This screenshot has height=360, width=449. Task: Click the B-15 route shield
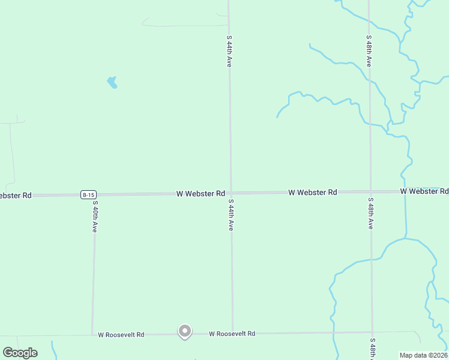point(88,194)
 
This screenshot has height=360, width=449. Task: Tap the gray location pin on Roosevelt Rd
point(185,331)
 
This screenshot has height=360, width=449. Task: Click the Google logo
point(20,352)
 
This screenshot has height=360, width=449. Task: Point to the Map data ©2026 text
point(423,355)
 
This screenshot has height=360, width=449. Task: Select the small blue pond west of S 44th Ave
point(112,83)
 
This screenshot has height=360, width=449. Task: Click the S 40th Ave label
point(94,216)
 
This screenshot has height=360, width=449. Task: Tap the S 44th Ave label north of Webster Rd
point(229,51)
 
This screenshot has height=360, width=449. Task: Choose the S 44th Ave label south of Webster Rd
point(231,216)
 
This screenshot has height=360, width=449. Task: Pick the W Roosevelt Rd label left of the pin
point(121,334)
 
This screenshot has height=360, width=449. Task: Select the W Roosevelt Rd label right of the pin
point(232,334)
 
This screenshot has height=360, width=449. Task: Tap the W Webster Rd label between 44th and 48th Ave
point(312,193)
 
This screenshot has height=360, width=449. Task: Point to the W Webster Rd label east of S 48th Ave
point(424,191)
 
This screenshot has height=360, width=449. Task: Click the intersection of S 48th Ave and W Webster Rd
point(370,192)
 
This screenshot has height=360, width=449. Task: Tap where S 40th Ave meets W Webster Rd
point(94,194)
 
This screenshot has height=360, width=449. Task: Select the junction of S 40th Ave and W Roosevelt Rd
point(92,334)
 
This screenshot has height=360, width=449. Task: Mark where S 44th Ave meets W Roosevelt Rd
point(232,333)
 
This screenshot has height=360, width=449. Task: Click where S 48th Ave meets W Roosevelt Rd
point(372,332)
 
